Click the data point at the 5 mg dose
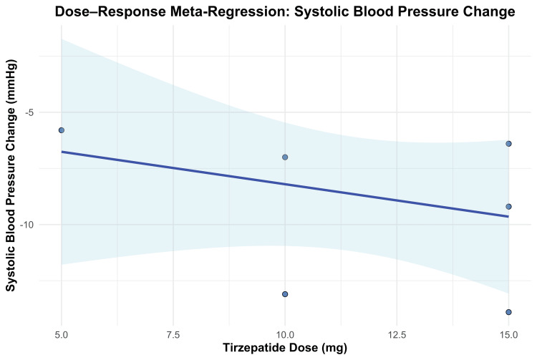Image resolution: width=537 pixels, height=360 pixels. [62, 130]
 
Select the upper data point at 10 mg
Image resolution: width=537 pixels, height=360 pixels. [285, 157]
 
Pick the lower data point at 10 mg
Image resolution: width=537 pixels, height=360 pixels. [285, 294]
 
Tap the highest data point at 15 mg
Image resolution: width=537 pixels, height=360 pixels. [508, 144]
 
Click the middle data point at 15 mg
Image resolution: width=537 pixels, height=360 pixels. [508, 207]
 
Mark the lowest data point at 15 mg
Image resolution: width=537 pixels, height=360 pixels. [508, 312]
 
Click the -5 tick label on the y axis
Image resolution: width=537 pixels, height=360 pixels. [29, 112]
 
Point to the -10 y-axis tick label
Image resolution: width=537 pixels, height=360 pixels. [26, 225]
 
